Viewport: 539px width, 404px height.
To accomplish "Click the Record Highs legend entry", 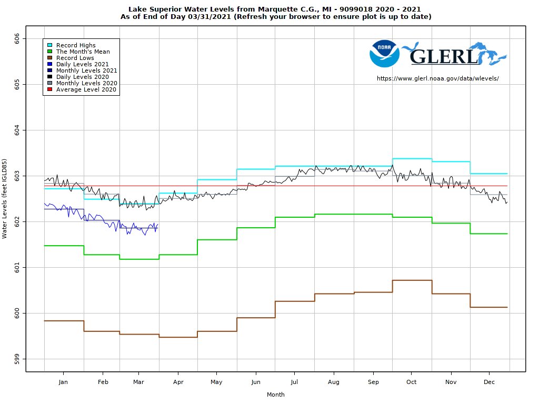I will click(x=76, y=45).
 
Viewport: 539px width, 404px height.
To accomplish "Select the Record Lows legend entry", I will click(x=75, y=58).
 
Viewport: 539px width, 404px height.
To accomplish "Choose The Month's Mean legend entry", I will click(x=83, y=52).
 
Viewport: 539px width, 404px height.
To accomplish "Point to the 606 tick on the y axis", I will click(x=17, y=38).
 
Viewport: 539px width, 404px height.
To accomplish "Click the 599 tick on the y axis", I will click(x=17, y=359).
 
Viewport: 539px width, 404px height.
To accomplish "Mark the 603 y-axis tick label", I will click(x=17, y=176).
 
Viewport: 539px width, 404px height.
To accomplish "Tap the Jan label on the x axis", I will click(x=64, y=382).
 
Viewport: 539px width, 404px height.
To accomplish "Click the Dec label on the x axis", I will click(x=488, y=382).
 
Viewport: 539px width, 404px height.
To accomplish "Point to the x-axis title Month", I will click(x=276, y=395).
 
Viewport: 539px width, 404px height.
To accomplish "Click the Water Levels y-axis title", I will click(x=5, y=198).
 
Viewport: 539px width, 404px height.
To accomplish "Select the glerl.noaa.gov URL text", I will click(x=437, y=78).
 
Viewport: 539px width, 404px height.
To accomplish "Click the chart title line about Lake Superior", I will click(x=274, y=9).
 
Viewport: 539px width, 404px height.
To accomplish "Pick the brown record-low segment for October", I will click(x=412, y=280).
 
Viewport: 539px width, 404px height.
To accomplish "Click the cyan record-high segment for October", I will click(x=412, y=158).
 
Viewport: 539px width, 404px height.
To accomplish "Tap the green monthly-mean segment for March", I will click(x=139, y=259).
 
